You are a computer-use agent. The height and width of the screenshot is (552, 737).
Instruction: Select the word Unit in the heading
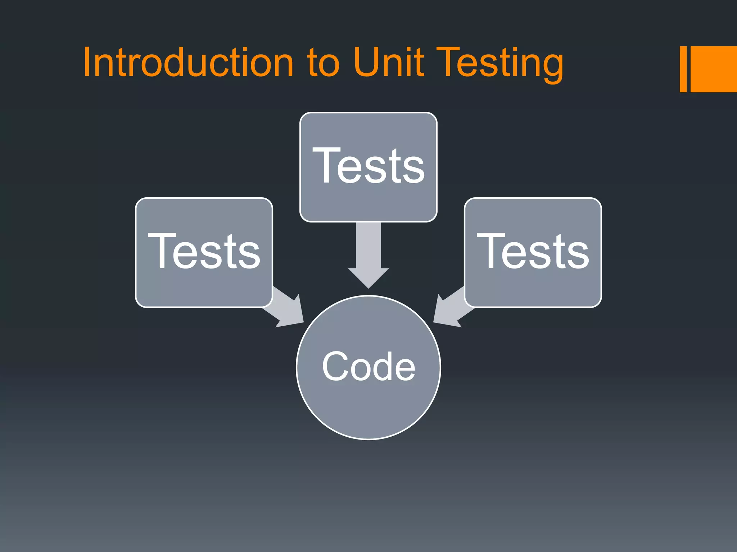tap(389, 63)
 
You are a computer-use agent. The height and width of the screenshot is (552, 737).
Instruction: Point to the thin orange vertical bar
tap(683, 69)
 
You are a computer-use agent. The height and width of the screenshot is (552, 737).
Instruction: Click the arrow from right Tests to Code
tap(450, 309)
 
